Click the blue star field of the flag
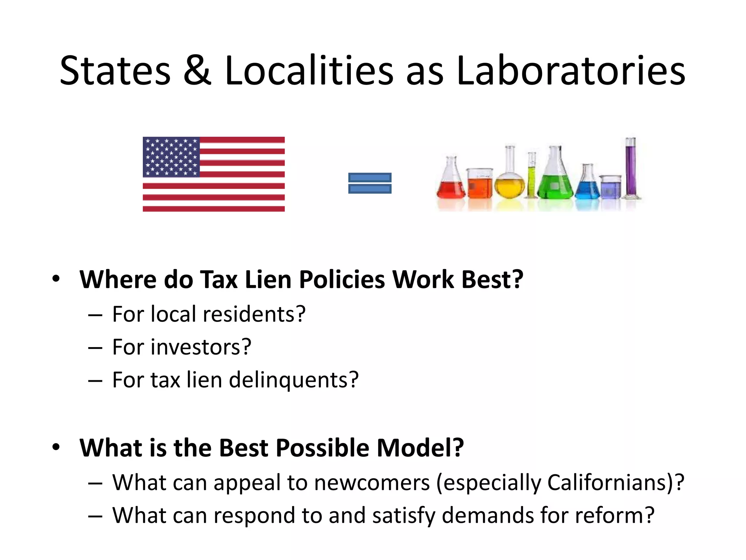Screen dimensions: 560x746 pos(171,157)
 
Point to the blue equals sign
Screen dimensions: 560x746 pos(370,183)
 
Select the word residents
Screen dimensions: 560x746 pos(254,314)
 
